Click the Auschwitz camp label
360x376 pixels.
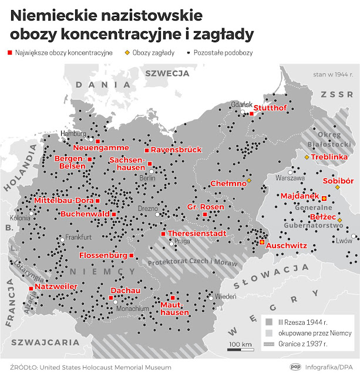pyautogui.click(x=287, y=244)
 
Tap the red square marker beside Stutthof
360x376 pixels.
pyautogui.click(x=251, y=114)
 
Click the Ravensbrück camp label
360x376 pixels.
pyautogui.click(x=176, y=150)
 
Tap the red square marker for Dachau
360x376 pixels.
pyautogui.click(x=111, y=297)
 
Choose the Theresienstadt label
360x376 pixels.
pyautogui.click(x=197, y=233)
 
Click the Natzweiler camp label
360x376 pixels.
pyautogui.click(x=57, y=287)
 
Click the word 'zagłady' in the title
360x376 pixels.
pyautogui.click(x=223, y=34)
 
